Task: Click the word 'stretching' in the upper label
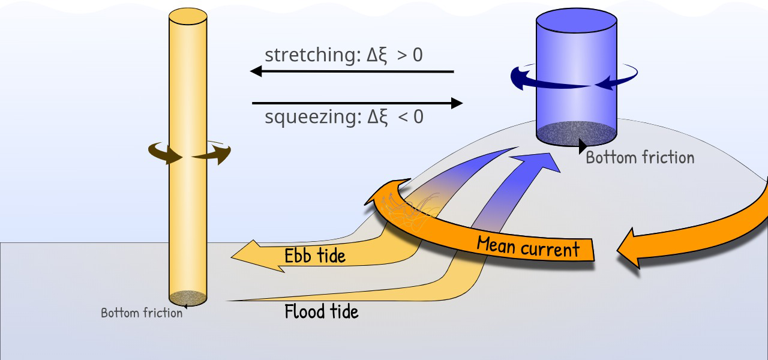(313, 55)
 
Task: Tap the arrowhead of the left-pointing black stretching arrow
(256, 71)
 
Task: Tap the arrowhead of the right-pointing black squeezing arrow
(456, 103)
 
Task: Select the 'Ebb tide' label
(315, 256)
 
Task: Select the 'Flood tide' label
(322, 312)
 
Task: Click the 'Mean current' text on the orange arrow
(528, 247)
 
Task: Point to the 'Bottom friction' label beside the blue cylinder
(640, 158)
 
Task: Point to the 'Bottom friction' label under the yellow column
(142, 313)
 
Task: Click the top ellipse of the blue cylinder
(576, 20)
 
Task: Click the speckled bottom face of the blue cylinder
(576, 133)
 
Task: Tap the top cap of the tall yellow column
(188, 16)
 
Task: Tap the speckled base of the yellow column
(188, 298)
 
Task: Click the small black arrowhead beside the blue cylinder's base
(583, 146)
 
